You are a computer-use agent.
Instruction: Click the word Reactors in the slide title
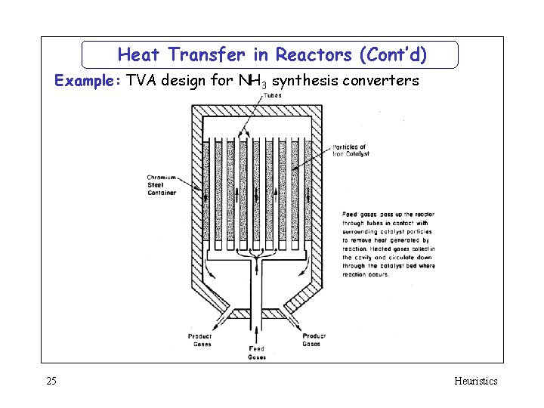[x=315, y=55]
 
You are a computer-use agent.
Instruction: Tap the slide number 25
[x=50, y=381]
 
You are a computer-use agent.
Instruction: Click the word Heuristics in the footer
[x=475, y=381]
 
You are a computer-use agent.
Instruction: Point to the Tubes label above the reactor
[x=273, y=94]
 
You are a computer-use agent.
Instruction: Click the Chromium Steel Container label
[x=162, y=185]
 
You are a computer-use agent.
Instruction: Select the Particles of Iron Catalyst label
[x=351, y=150]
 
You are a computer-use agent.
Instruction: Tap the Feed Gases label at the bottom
[x=257, y=353]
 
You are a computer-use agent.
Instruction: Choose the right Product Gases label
[x=314, y=340]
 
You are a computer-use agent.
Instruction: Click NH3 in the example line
[x=252, y=81]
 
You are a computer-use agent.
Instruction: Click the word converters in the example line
[x=382, y=80]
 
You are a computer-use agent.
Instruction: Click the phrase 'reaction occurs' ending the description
[x=366, y=274]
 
